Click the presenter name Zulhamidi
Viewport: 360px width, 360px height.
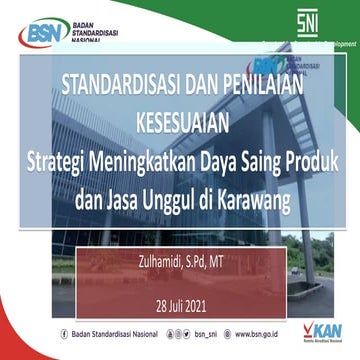click(x=149, y=265)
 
